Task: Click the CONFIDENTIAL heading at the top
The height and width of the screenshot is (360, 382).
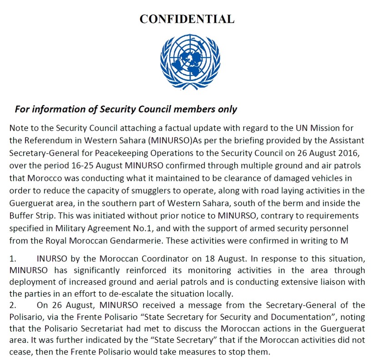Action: click(187, 19)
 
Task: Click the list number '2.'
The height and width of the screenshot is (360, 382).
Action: click(13, 305)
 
